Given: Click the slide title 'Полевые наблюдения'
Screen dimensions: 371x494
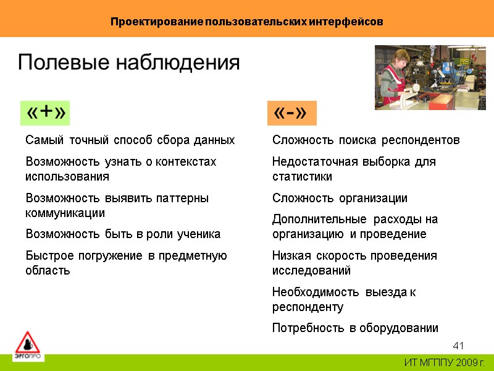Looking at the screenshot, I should click(128, 62).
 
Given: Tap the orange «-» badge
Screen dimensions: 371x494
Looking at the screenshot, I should click(290, 113).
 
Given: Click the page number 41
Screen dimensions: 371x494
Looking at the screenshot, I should click(458, 345).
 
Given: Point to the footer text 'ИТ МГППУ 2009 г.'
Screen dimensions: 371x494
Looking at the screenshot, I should click(445, 362).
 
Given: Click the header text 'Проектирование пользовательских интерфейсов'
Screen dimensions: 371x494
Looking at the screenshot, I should click(247, 22).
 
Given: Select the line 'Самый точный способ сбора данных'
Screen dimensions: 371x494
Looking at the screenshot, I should click(130, 140).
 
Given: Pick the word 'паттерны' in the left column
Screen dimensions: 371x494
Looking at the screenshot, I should click(184, 198).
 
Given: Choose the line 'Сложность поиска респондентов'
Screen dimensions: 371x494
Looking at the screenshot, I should click(366, 140).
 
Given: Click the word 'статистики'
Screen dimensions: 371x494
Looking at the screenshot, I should click(302, 177).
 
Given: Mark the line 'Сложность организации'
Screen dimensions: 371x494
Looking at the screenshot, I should click(340, 198).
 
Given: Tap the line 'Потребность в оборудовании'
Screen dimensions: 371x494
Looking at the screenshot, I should click(355, 328).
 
